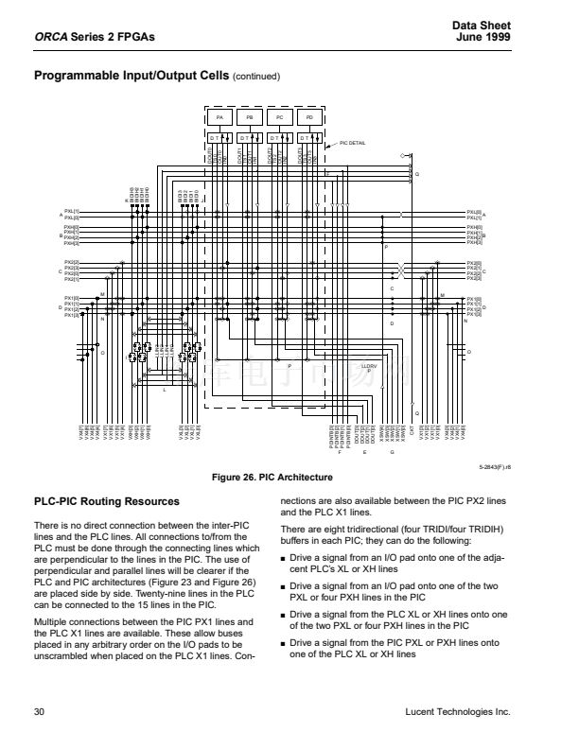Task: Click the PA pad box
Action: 219,118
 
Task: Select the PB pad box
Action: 250,118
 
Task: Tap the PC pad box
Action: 280,118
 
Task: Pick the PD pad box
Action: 310,118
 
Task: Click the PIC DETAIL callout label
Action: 352,143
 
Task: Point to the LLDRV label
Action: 369,365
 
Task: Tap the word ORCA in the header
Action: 49,37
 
